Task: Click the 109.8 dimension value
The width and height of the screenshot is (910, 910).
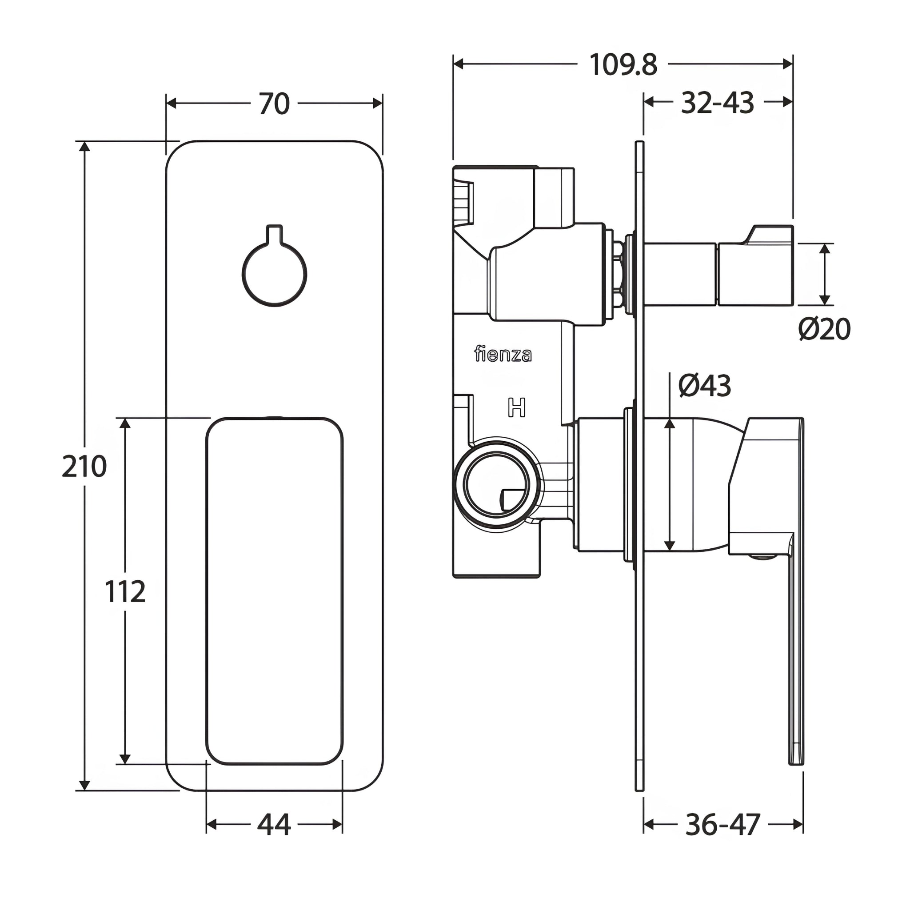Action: (623, 64)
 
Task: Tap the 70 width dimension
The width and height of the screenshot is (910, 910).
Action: (274, 104)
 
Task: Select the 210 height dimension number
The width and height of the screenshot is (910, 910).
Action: (84, 466)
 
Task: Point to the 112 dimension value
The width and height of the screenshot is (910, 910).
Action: (125, 591)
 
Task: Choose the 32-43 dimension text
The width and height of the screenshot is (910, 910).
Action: (717, 103)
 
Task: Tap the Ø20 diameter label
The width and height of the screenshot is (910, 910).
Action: (824, 329)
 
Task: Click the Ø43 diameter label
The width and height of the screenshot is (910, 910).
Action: (704, 386)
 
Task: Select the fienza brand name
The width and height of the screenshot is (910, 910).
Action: (503, 354)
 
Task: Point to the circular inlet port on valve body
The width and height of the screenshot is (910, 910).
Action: (496, 484)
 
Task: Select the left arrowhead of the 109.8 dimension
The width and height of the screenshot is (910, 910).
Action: (458, 64)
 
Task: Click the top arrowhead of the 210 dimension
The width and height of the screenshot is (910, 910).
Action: (84, 146)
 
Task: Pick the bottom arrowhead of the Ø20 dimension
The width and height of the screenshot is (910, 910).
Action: (824, 299)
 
